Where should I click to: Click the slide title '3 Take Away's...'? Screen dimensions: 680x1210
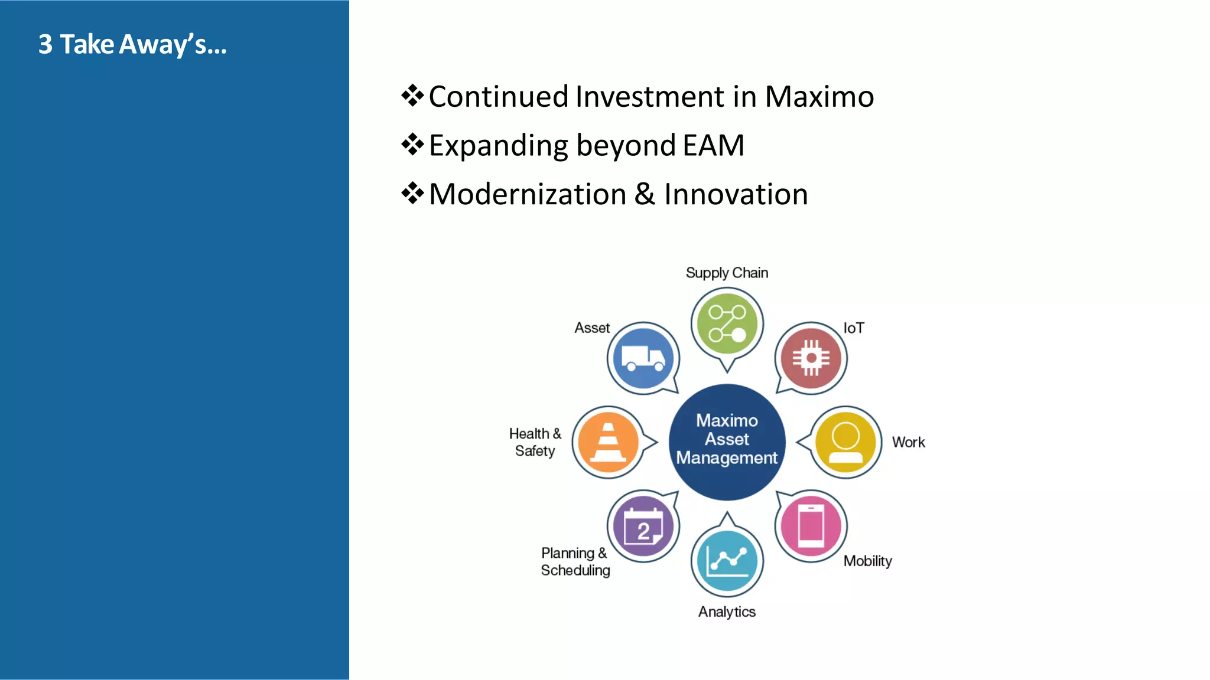(x=132, y=45)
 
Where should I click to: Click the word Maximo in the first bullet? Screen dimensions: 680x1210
(x=819, y=97)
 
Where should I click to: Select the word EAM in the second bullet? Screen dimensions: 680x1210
(x=713, y=146)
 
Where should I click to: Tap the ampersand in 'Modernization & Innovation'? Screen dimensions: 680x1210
(x=645, y=194)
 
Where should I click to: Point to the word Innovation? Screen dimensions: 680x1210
(x=736, y=194)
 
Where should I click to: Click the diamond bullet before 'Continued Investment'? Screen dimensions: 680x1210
(x=412, y=95)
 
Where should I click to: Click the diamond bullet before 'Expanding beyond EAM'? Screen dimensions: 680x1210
(x=412, y=144)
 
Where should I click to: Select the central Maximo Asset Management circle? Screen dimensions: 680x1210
(x=727, y=442)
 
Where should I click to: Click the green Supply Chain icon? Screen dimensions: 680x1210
(x=727, y=323)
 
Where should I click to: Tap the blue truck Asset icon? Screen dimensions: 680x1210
(x=643, y=358)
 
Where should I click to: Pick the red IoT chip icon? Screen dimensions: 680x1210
(x=811, y=358)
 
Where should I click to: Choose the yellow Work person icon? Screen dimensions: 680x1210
(x=845, y=442)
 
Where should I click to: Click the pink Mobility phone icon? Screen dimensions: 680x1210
(x=811, y=525)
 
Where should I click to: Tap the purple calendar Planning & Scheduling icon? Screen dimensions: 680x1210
(x=643, y=525)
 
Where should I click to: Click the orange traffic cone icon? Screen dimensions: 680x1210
(x=608, y=442)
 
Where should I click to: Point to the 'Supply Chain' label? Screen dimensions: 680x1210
(x=727, y=273)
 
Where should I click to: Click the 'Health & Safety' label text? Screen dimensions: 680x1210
(x=535, y=442)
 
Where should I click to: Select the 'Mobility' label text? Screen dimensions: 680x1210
(x=867, y=561)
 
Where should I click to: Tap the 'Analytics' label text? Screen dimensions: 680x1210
(x=727, y=612)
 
